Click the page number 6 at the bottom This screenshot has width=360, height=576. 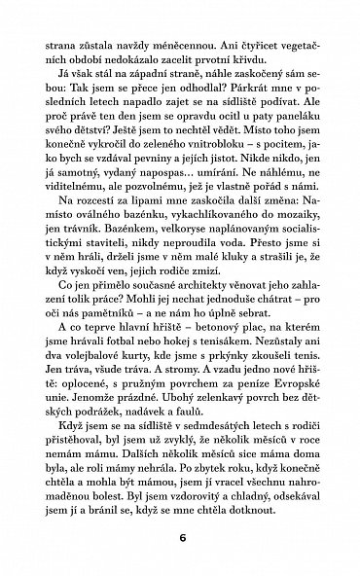coord(180,535)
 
